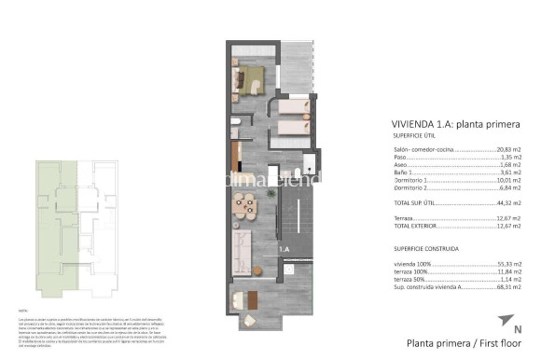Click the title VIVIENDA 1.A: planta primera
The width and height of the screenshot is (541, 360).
pos(451,124)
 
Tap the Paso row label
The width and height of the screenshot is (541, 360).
pos(401,158)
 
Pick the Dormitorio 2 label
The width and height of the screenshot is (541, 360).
pos(411,190)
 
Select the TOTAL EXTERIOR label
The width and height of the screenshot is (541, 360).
pos(417,226)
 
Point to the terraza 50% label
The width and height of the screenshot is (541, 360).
pos(411,281)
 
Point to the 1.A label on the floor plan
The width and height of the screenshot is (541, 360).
pos(284,249)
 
